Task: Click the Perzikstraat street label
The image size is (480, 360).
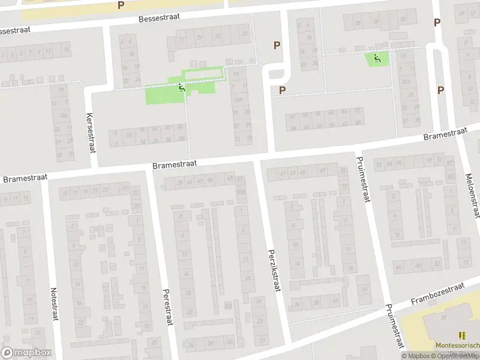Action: [x=274, y=271]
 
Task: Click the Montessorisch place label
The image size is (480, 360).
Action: [x=457, y=346]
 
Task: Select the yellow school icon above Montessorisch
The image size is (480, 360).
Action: [x=461, y=335]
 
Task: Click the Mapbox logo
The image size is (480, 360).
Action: [x=25, y=353]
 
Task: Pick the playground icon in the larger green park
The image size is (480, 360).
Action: [x=181, y=89]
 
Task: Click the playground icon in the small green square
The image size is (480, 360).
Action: [x=376, y=58]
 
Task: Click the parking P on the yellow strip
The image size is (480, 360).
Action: [x=121, y=5]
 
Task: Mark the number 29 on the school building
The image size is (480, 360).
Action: [x=445, y=317]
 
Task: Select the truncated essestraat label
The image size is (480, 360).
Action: [x=15, y=30]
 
